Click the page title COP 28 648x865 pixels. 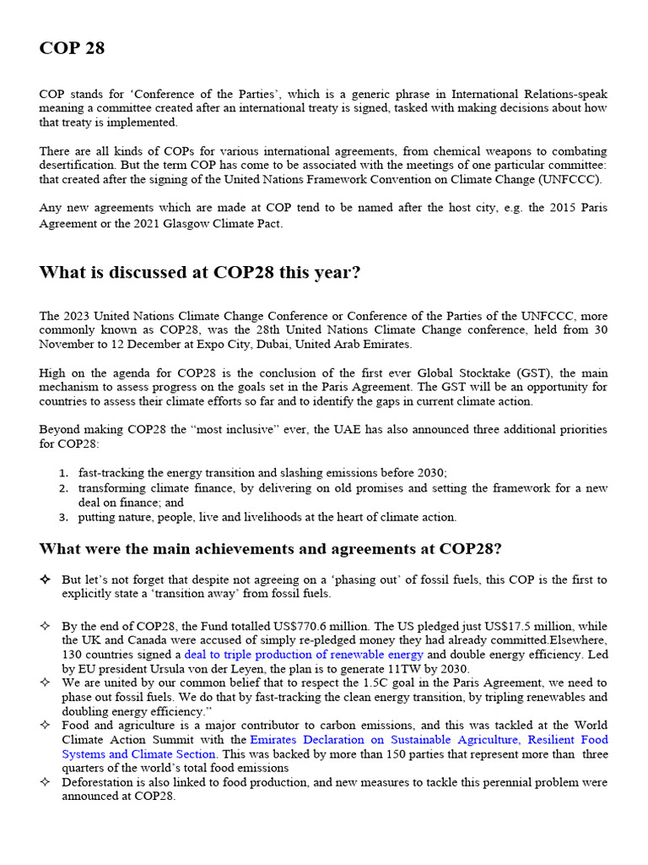(72, 48)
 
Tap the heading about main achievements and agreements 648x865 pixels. (270, 549)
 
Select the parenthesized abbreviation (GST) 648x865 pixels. (503, 373)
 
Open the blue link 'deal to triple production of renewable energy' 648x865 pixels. (304, 655)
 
